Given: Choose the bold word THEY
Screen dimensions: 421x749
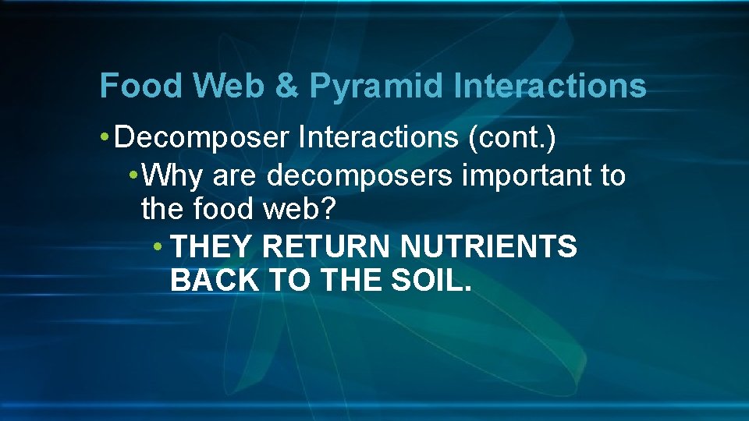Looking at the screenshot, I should click(x=211, y=246).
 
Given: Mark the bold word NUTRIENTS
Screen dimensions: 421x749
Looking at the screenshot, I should click(x=488, y=246).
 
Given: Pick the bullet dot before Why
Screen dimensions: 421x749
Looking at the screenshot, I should click(x=134, y=176).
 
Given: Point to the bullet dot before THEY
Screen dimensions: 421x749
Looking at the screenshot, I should click(x=158, y=247).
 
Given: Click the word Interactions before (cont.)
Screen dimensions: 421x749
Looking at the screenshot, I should click(x=377, y=138).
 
